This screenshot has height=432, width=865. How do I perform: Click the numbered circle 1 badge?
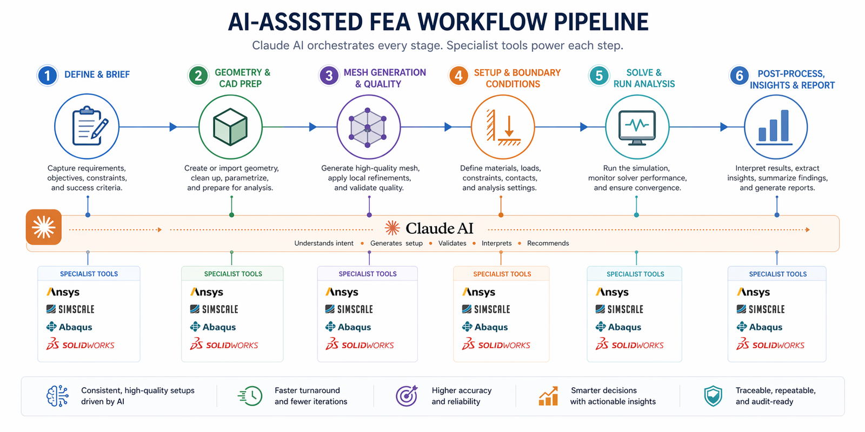(47, 75)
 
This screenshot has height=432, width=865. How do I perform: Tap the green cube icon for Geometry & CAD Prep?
(230, 127)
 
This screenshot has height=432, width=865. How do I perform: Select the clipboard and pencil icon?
(87, 126)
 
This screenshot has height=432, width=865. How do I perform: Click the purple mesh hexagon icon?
(368, 127)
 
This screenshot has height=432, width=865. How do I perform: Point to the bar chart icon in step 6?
(776, 127)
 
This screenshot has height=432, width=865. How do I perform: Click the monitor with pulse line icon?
(637, 127)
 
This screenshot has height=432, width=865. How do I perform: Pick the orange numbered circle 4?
(458, 76)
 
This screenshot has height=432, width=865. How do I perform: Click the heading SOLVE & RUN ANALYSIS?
(643, 78)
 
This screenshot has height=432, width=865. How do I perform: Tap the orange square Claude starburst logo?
(44, 227)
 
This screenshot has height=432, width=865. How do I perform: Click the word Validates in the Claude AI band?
(452, 244)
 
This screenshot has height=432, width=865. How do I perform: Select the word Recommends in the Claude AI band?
(548, 244)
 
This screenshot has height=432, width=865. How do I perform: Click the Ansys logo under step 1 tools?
(63, 292)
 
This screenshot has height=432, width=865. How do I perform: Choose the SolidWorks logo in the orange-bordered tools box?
(496, 345)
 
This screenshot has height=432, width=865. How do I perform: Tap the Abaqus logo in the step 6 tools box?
(759, 327)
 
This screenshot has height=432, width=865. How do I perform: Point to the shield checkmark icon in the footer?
(713, 396)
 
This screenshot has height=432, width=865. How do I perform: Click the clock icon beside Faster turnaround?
(250, 396)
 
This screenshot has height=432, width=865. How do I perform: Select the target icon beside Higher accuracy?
(407, 396)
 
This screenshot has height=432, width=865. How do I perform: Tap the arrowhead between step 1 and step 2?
(173, 127)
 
